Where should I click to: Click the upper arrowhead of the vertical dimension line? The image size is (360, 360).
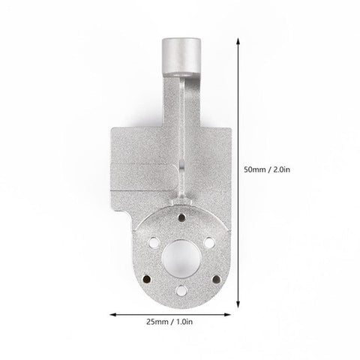tap(238, 41)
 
